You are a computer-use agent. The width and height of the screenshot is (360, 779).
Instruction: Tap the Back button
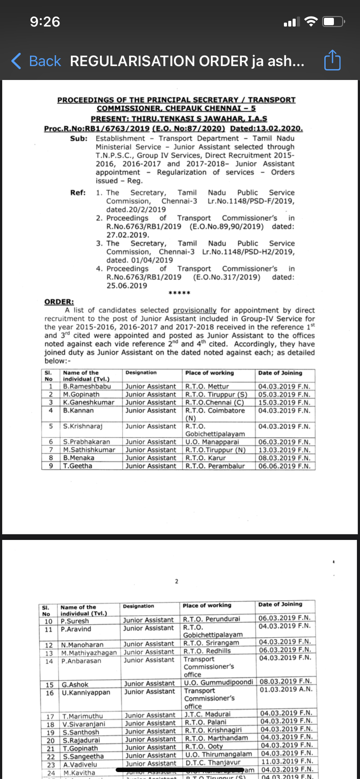point(37,61)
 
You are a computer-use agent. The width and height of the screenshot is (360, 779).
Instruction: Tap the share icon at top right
point(332,60)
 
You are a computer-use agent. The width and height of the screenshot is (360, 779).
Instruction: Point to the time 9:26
point(45,22)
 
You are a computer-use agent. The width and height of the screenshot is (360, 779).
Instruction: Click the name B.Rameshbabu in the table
point(87,386)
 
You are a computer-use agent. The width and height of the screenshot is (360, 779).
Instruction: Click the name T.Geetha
point(78,466)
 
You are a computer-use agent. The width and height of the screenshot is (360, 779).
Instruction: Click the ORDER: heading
point(59,302)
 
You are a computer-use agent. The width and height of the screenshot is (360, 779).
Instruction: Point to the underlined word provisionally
point(194,310)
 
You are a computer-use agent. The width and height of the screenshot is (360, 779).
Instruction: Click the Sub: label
point(79,139)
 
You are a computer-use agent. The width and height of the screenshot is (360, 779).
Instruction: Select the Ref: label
point(78,193)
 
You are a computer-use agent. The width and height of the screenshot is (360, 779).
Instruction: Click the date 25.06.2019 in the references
point(127,286)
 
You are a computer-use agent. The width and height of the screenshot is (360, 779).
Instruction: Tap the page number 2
point(177,581)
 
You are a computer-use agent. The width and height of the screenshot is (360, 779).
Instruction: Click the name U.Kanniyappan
point(86,692)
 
